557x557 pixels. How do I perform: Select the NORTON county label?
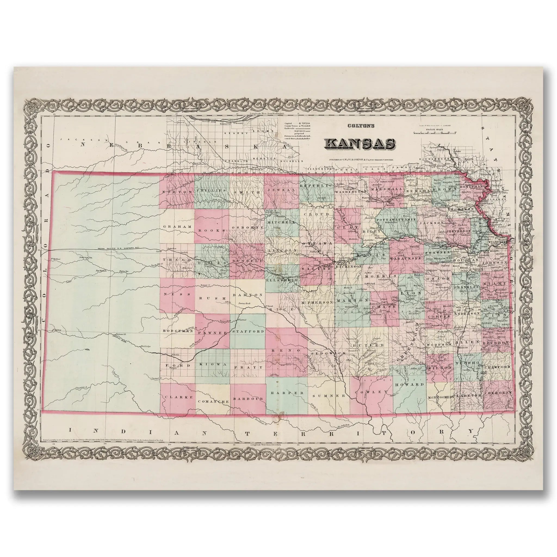click(x=177, y=192)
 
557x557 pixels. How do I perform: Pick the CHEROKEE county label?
click(x=498, y=393)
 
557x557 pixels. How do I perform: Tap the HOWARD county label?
click(x=409, y=385)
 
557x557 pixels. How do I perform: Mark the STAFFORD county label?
click(x=247, y=332)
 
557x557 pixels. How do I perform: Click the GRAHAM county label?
click(x=177, y=227)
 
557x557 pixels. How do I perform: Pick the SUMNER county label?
click(x=329, y=396)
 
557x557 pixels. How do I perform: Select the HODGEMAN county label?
click(x=178, y=331)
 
